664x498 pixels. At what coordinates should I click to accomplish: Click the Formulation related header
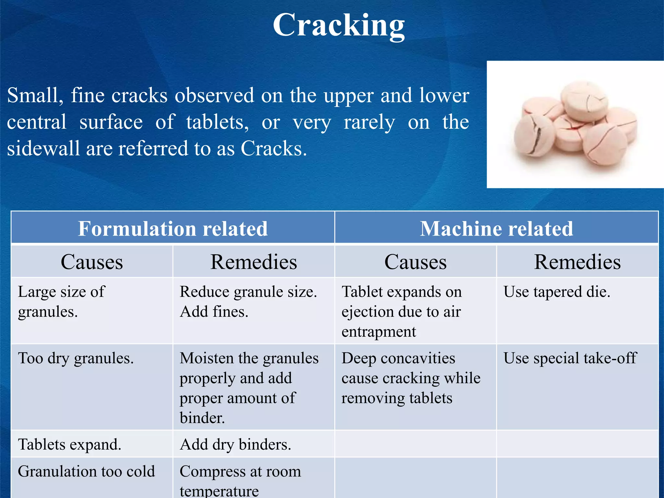(173, 229)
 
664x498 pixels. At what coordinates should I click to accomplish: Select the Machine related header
(496, 229)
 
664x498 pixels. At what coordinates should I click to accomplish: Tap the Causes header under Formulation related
(92, 262)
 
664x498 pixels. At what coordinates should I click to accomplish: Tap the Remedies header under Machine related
(577, 262)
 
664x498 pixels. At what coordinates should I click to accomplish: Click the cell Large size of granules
(62, 302)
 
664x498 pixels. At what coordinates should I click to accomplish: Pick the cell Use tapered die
(557, 292)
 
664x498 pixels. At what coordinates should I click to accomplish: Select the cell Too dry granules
(76, 358)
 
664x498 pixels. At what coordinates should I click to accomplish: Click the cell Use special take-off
(570, 358)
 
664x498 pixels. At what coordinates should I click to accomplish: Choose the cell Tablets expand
(69, 444)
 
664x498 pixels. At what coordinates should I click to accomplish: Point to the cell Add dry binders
(235, 444)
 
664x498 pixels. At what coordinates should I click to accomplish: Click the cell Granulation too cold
(86, 471)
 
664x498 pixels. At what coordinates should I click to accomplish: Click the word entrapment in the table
(379, 332)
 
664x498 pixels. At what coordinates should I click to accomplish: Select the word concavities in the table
(418, 358)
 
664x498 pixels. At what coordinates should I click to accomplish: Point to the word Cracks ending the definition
(273, 148)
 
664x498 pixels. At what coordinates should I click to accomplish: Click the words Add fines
(214, 312)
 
